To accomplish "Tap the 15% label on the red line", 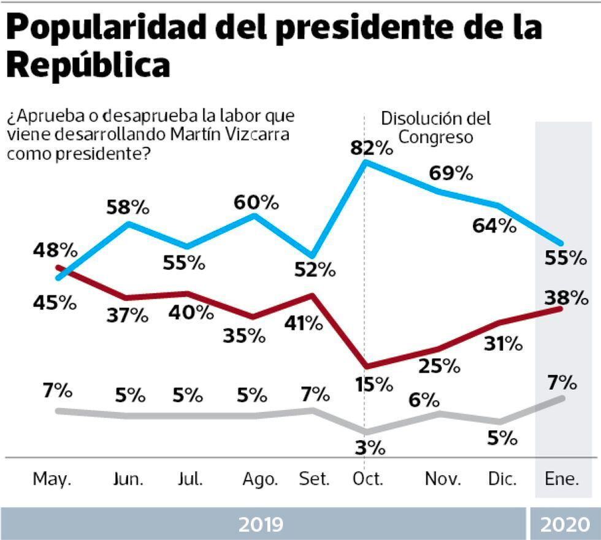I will coord(373,384).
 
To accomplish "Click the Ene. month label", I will coord(562,479).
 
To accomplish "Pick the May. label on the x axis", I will coord(52,479).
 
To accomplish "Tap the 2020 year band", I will coord(564,524).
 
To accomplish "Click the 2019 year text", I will coord(261,524).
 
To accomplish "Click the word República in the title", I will coord(88,64).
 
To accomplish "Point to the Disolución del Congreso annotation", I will coord(436,127).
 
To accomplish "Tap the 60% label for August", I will coord(256,201).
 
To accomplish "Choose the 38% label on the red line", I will coord(564,298).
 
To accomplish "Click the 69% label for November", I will coord(451,173).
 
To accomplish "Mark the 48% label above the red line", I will coord(56,250).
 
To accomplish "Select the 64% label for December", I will coord(494,226).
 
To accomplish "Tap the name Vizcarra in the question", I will coord(256,135).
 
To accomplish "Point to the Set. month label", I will coord(314,479).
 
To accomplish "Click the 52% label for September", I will coord(314,268).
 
